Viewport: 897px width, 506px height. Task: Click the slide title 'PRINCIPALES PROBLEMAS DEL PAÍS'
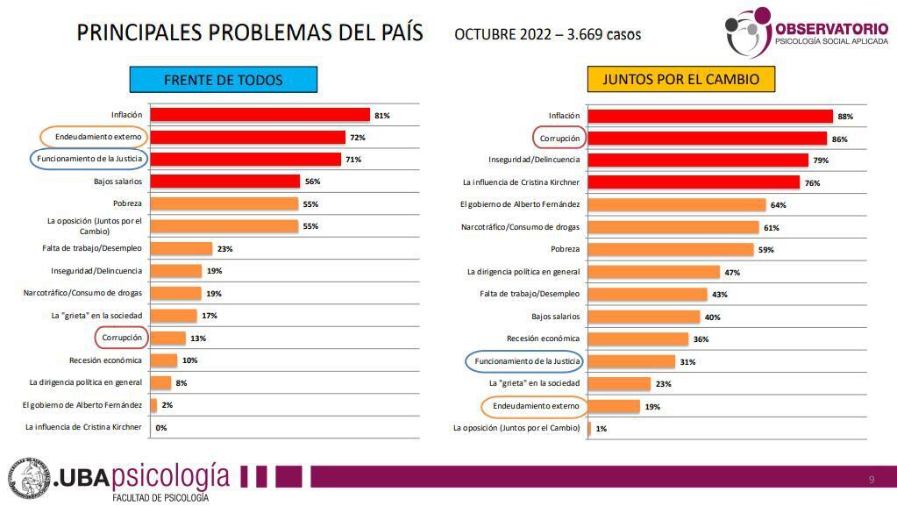point(250,33)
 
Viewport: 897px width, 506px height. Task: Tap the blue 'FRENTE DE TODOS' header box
point(223,80)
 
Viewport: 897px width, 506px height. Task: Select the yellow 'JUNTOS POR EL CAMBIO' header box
point(674,80)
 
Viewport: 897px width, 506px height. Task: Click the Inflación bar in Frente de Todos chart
point(260,115)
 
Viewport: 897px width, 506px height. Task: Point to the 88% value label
point(845,116)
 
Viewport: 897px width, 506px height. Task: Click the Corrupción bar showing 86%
point(707,139)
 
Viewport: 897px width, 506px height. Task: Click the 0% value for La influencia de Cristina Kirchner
point(160,428)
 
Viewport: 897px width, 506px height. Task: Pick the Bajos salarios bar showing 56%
point(224,182)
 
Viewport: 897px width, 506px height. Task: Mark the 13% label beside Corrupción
point(197,339)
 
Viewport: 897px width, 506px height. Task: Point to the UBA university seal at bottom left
point(29,479)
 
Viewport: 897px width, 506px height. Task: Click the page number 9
point(871,479)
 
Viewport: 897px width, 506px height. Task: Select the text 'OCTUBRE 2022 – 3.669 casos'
point(547,35)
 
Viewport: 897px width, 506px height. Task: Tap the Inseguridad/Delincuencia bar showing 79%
point(697,160)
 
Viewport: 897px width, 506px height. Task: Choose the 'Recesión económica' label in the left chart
point(105,360)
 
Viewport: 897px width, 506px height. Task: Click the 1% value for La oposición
point(602,429)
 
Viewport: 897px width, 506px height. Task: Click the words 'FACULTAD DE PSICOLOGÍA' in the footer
point(160,498)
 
